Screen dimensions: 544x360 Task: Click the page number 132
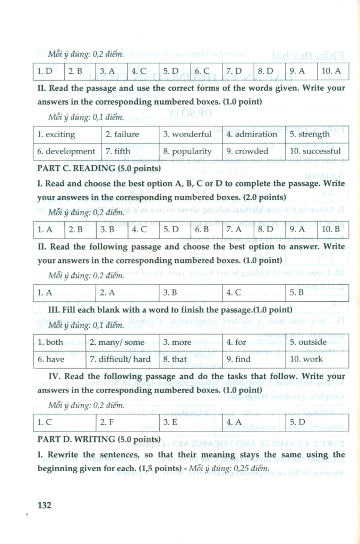click(44, 505)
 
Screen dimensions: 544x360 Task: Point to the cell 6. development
click(66, 151)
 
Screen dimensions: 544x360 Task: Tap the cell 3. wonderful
click(187, 134)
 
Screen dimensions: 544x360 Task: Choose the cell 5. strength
click(310, 134)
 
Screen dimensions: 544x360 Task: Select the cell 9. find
click(238, 359)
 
